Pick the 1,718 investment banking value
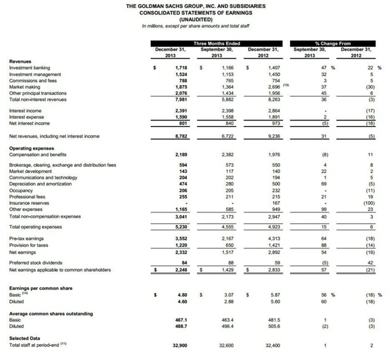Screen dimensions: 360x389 coord(181,67)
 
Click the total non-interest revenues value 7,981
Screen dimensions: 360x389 coord(181,99)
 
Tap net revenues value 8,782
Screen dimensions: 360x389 coord(181,136)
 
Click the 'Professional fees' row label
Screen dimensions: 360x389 coord(27,196)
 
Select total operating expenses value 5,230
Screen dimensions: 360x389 coord(181,227)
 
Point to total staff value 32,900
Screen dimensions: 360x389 coord(179,345)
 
